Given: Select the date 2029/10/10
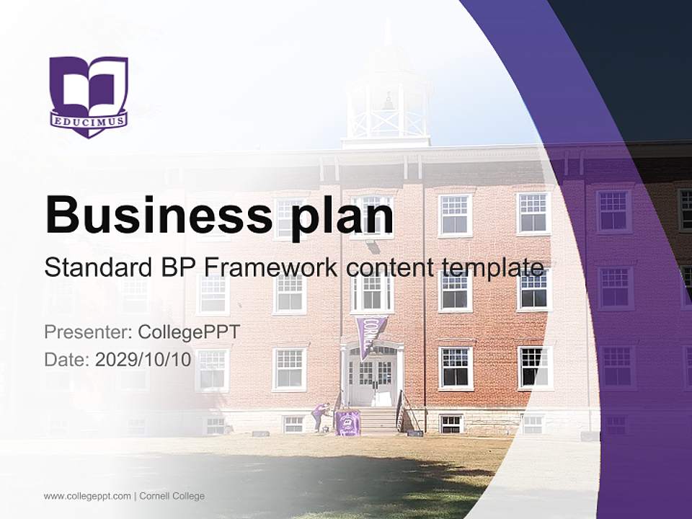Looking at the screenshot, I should point(143,360).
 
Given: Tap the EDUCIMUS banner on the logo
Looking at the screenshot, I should point(89,119).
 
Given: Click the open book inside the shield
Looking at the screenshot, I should point(89,87).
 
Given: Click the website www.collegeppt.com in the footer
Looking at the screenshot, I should point(87,496).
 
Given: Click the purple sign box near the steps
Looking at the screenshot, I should point(348,423).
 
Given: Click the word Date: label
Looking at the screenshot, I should point(67,360).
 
